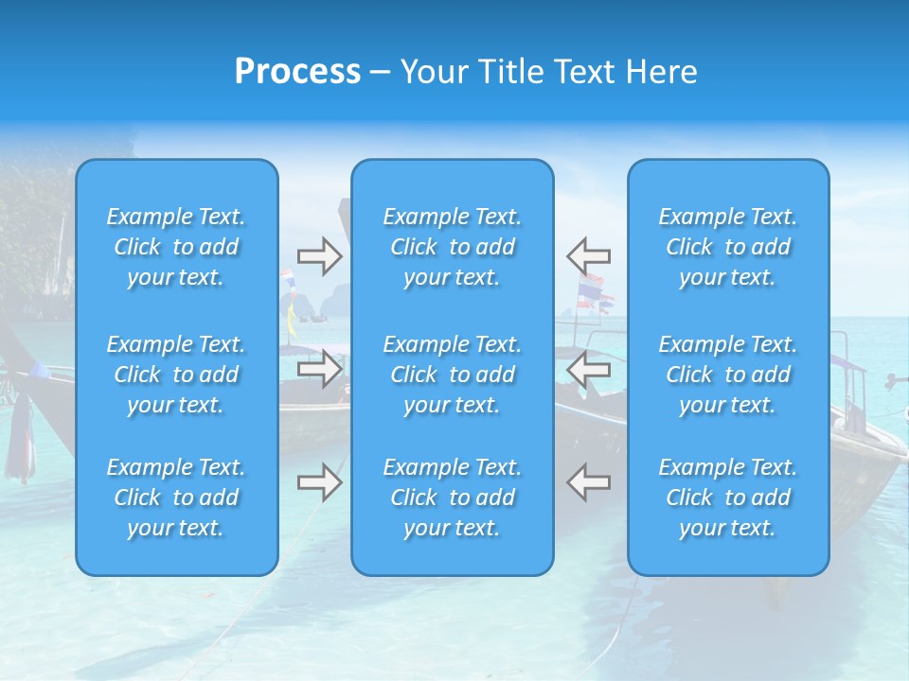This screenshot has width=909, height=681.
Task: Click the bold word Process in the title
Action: [297, 72]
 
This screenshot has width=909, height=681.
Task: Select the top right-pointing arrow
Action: [319, 256]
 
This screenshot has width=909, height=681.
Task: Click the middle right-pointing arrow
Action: [319, 368]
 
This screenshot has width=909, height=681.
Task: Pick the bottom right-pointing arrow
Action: [319, 481]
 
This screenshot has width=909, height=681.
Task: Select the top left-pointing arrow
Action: [588, 256]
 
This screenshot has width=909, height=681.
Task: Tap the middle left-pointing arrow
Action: [588, 368]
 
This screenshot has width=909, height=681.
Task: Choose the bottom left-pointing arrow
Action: [588, 481]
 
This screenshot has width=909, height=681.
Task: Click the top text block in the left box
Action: [176, 247]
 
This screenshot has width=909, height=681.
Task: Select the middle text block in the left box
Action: [176, 375]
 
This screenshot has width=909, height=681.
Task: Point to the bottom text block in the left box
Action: [176, 498]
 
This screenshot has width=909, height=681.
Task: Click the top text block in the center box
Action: [452, 247]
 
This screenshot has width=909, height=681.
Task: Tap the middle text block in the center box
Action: [452, 375]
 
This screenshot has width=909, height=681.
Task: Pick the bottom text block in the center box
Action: [452, 498]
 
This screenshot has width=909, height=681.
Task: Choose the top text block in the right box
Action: [727, 247]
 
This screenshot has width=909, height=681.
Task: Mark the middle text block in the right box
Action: [727, 375]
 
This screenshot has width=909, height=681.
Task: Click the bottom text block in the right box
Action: [727, 498]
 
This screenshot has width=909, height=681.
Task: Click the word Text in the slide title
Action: [586, 72]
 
